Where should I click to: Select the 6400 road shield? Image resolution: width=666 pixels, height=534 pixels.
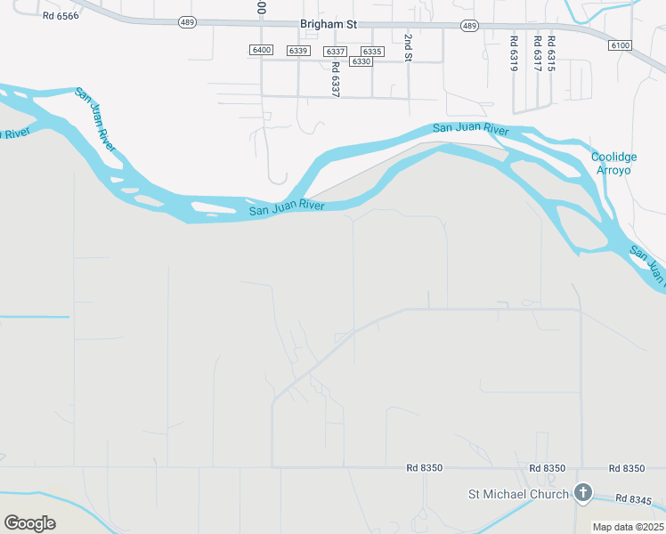(262, 51)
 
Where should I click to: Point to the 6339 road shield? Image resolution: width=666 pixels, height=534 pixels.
(298, 51)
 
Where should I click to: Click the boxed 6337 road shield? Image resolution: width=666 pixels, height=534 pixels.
(335, 51)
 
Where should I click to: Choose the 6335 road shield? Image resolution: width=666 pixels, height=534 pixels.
(372, 51)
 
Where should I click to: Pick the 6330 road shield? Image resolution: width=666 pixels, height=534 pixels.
(361, 61)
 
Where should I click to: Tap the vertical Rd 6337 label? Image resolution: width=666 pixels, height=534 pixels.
(336, 79)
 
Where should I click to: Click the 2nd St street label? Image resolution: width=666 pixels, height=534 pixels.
(408, 48)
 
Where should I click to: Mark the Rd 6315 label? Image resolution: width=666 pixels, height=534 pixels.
(552, 53)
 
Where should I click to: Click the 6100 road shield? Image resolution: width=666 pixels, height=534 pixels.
(621, 45)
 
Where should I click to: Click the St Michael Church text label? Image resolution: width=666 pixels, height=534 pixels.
(518, 494)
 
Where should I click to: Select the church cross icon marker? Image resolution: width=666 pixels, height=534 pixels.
(582, 492)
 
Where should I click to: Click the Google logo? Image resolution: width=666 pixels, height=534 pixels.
(29, 523)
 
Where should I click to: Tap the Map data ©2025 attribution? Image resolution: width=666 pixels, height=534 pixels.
(628, 527)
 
